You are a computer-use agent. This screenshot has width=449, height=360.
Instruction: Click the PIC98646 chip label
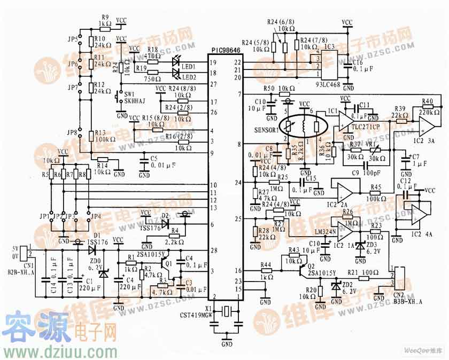click(x=226, y=50)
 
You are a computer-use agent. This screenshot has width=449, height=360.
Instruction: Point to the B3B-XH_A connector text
click(x=407, y=301)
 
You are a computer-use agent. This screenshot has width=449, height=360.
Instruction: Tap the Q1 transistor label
click(x=169, y=263)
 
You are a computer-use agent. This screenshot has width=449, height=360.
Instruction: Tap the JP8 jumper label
click(x=73, y=132)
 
